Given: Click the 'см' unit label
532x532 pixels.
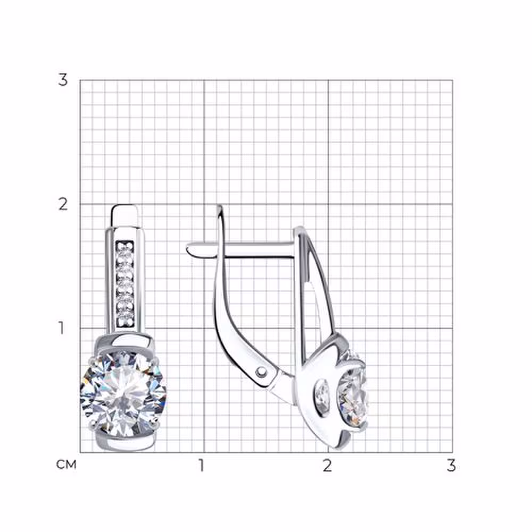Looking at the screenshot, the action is point(66,464).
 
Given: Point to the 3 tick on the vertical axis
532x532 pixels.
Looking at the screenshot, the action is point(63,80).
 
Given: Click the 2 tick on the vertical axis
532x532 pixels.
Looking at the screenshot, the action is point(63,204).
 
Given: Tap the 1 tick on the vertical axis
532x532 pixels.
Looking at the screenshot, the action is point(61,328).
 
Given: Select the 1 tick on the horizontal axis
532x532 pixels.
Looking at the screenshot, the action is point(202,465).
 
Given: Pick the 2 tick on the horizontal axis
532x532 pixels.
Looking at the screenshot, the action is point(327,465).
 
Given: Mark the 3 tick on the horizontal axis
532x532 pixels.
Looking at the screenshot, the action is point(451,465).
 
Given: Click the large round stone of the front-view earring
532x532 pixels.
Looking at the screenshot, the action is point(123,394).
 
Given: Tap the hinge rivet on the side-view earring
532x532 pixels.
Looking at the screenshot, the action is point(262,372).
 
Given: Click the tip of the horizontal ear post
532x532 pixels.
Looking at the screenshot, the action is point(188,250).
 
